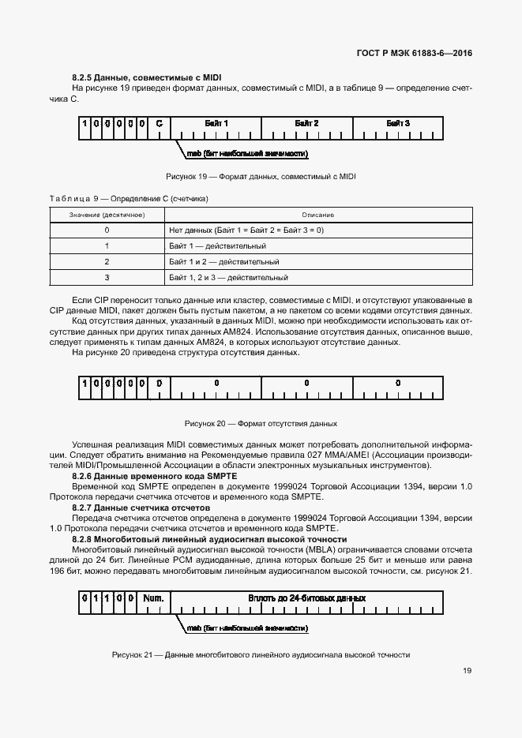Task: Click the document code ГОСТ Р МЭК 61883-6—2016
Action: [x=415, y=54]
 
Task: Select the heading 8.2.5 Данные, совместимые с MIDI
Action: [x=147, y=77]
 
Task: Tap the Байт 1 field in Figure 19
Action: [x=216, y=124]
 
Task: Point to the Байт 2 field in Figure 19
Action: [x=306, y=124]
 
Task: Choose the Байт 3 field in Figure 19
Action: [x=398, y=124]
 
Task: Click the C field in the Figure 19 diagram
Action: [x=159, y=124]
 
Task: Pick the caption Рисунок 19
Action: [x=261, y=176]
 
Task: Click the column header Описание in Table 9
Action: [x=317, y=215]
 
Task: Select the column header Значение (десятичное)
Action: [x=106, y=215]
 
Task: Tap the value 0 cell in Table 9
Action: [x=106, y=230]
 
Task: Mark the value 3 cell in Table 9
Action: [x=106, y=277]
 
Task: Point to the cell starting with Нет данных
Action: [x=246, y=230]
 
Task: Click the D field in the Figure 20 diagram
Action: [x=159, y=383]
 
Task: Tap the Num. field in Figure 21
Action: [x=153, y=598]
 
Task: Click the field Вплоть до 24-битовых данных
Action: [x=306, y=598]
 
